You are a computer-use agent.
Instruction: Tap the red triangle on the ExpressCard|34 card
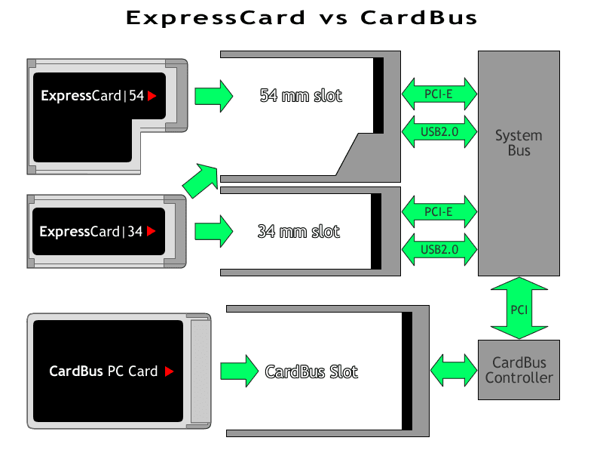pos(151,231)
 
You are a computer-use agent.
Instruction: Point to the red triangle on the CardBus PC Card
pos(169,371)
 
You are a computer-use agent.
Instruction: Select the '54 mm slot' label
pos(300,96)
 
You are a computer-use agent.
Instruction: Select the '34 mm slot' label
pos(298,231)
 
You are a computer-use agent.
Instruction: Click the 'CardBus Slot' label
pos(311,371)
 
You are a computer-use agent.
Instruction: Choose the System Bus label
pos(519,143)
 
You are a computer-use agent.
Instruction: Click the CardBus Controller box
pos(519,370)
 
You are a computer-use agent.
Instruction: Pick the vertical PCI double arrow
pos(519,309)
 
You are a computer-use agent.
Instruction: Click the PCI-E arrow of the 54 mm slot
pos(439,94)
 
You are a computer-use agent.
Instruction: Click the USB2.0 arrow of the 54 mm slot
pos(439,131)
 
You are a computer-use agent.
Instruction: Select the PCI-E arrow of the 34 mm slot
pos(439,211)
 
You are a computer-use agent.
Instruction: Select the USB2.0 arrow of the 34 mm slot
pos(439,249)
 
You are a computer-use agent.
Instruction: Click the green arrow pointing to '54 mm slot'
pos(214,96)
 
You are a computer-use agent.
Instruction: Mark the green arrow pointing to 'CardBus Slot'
pos(239,371)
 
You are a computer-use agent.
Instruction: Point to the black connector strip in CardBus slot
pos(406,371)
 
